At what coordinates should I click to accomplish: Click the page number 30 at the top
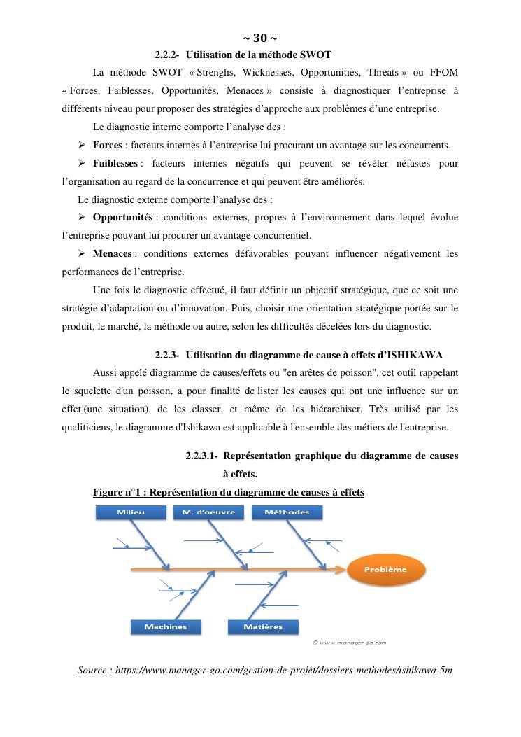point(259,38)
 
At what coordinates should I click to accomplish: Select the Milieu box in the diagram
point(131,512)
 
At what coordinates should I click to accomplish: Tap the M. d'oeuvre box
point(208,512)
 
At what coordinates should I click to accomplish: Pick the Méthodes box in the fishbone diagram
point(287,512)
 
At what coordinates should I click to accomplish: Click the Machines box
point(166,626)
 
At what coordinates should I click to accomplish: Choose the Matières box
point(263,626)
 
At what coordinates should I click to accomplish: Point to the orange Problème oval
point(385,570)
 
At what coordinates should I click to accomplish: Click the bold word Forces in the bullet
point(108,146)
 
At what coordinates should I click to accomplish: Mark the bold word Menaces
point(113,253)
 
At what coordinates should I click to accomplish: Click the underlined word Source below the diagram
point(92,671)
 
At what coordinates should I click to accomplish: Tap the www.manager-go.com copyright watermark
point(350,642)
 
